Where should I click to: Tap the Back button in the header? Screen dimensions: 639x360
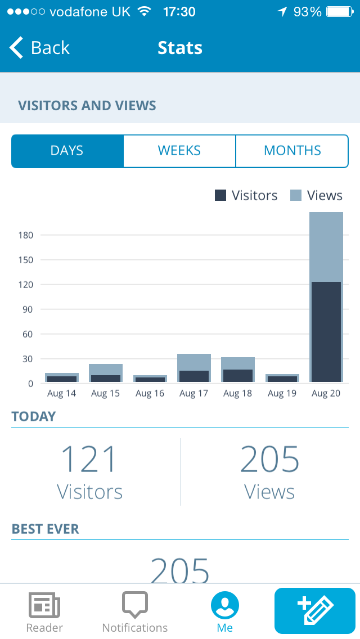coord(39,48)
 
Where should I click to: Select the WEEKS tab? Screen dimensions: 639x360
coord(179,151)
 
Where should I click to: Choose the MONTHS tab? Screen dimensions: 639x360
coord(292,151)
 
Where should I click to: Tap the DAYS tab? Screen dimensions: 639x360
coord(67,151)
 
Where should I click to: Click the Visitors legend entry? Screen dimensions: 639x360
coord(246,195)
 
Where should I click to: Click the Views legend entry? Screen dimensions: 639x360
coord(316,195)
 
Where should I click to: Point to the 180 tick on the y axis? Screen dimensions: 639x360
coord(26,235)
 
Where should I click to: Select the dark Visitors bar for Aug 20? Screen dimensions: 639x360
coord(326,332)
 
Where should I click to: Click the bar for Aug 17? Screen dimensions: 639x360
coord(194,369)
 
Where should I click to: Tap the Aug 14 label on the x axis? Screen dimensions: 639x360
coord(61,393)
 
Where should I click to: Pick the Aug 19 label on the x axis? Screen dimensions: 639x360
coord(282,393)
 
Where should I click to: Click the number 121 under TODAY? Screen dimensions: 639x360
coord(89,459)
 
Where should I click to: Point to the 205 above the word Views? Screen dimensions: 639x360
coord(269,459)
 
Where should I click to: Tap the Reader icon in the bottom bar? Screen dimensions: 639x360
coord(44,605)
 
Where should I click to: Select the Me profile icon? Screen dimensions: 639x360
coord(225,605)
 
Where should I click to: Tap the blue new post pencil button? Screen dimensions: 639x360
coord(315,611)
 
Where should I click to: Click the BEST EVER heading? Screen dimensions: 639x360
coord(46,529)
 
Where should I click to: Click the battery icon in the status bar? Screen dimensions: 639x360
coord(340,12)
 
